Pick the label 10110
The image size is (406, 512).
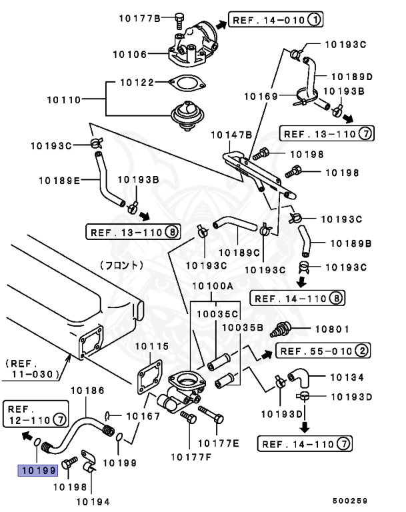63,100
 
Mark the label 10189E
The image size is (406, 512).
59,180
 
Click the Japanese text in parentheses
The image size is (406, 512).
121,265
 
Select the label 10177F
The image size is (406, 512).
190,457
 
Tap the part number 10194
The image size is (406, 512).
93,501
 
